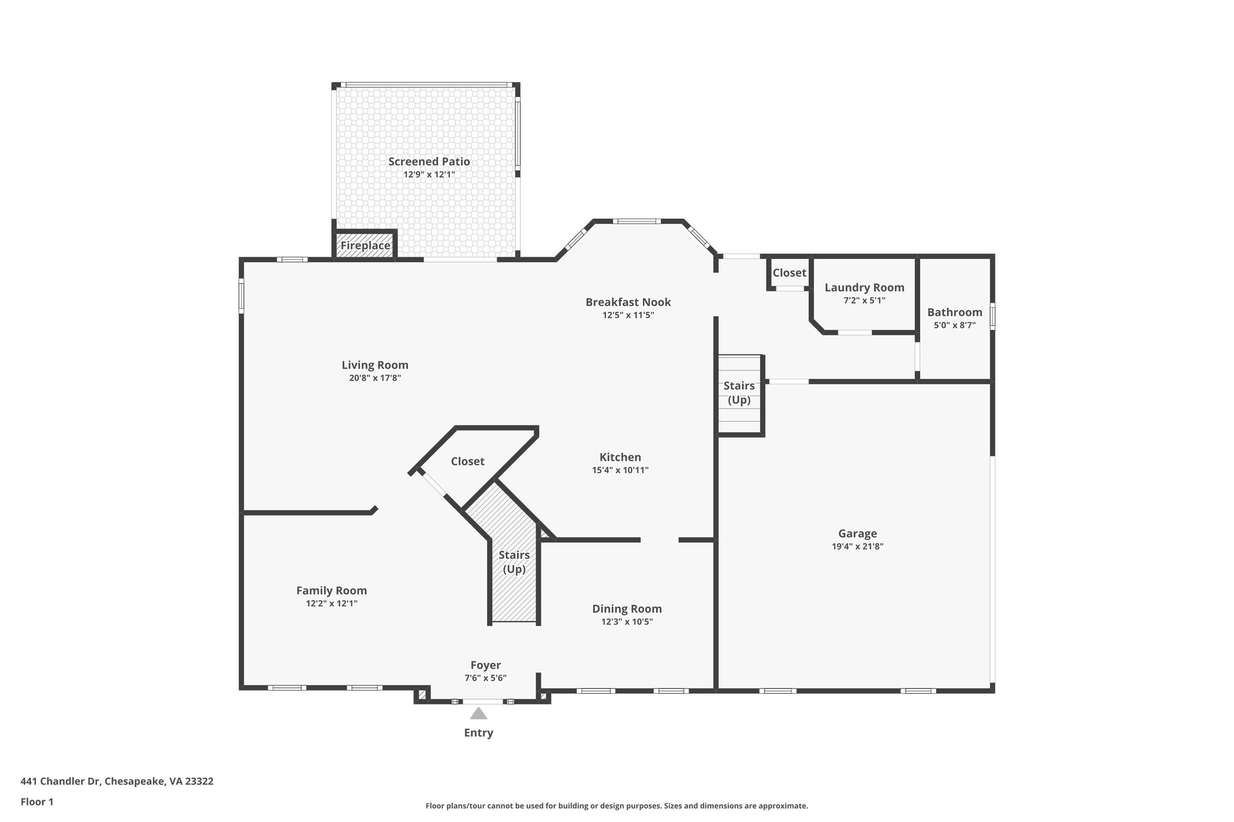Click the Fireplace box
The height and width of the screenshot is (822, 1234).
365,246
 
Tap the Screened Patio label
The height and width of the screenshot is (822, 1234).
429,161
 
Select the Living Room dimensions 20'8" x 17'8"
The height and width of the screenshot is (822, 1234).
375,378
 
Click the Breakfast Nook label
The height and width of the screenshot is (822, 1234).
628,302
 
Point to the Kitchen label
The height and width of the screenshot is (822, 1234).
620,457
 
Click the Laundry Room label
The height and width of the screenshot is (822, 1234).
864,287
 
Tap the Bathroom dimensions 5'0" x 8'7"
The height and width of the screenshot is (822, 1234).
954,325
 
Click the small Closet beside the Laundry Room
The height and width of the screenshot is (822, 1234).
789,273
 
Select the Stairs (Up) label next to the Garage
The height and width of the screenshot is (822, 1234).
739,393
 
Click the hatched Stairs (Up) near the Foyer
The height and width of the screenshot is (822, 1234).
514,562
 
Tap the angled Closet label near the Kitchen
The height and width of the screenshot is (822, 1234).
468,461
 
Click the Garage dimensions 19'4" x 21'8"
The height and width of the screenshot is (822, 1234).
857,547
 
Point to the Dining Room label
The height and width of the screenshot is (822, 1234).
627,609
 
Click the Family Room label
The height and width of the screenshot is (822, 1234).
331,591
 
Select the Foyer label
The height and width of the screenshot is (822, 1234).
486,665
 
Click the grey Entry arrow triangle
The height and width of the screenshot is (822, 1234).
478,714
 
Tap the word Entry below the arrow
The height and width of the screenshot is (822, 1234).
478,733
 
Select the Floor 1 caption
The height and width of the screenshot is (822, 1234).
37,802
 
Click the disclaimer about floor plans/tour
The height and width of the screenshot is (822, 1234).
616,806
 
